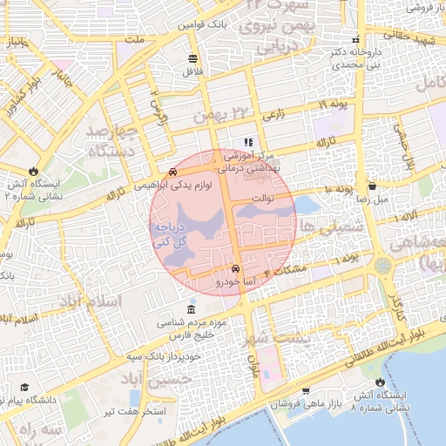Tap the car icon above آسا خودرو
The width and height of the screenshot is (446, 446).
point(237,269)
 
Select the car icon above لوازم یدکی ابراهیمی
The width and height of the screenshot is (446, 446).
point(174,172)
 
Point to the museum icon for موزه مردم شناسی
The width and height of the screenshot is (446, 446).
point(192,311)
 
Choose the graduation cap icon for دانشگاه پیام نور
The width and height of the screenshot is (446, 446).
point(24,387)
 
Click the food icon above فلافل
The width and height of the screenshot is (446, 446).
point(192,59)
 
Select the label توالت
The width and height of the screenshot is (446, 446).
point(263,198)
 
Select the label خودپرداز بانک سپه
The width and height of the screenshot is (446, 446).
point(161,356)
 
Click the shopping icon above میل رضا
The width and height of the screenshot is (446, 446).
point(373,186)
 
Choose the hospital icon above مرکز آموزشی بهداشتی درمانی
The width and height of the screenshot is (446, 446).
point(248,141)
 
